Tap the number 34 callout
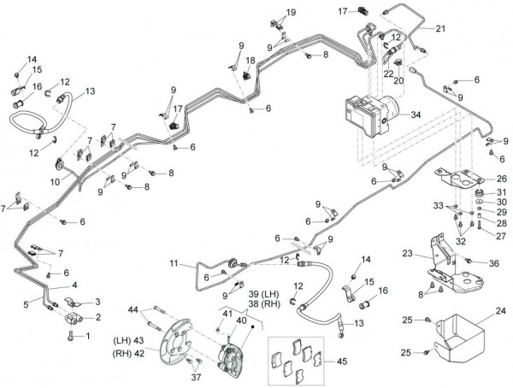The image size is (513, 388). pyautogui.click(x=416, y=113)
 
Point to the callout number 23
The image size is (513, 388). pyautogui.click(x=406, y=253)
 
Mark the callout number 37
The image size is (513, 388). pyautogui.click(x=197, y=378)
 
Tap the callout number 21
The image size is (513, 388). pyautogui.click(x=440, y=28)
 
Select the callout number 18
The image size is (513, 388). pyautogui.click(x=251, y=61)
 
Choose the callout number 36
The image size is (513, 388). pyautogui.click(x=493, y=263)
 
